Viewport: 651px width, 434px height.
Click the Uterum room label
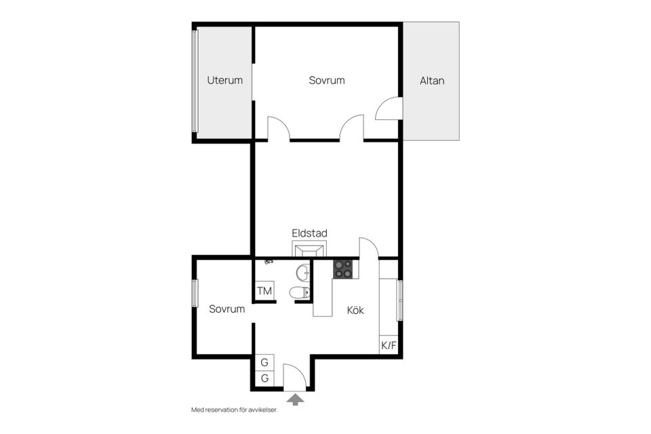pyautogui.click(x=224, y=80)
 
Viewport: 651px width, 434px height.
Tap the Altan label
pyautogui.click(x=432, y=81)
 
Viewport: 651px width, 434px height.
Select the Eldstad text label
pyautogui.click(x=309, y=233)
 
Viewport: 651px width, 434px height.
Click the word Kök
pyautogui.click(x=355, y=310)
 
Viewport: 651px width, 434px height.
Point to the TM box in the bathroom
pyautogui.click(x=264, y=291)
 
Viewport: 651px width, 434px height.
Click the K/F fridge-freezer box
pyautogui.click(x=389, y=344)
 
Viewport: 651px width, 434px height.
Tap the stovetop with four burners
pyautogui.click(x=343, y=269)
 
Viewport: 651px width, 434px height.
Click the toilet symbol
pyautogui.click(x=299, y=292)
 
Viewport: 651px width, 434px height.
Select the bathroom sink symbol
pyautogui.click(x=303, y=273)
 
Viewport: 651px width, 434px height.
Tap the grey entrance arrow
pyautogui.click(x=295, y=399)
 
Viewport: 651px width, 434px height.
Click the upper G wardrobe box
pyautogui.click(x=264, y=363)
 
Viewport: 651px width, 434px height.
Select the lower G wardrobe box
pyautogui.click(x=264, y=379)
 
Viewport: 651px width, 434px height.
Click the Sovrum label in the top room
pyautogui.click(x=327, y=80)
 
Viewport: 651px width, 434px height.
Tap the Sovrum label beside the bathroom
pyautogui.click(x=226, y=309)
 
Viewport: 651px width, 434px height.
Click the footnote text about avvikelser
pyautogui.click(x=234, y=410)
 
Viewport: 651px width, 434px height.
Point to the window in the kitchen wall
pyautogui.click(x=400, y=300)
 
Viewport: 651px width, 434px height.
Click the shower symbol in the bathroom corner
pyautogui.click(x=269, y=262)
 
